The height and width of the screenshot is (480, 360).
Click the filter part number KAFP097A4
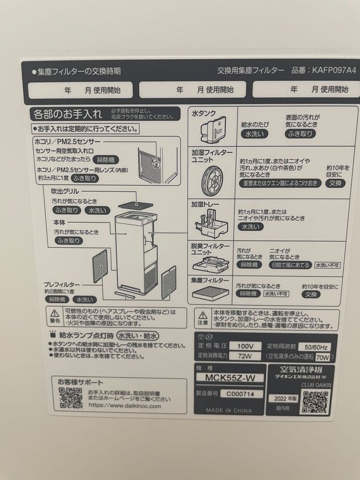click(334, 70)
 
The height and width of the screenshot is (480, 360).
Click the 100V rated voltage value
click(245, 346)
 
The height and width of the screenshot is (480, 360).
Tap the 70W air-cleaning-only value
click(323, 356)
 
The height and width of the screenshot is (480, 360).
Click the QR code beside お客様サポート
click(71, 397)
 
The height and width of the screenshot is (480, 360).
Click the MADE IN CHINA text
click(229, 410)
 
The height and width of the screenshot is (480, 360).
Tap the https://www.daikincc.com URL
click(124, 405)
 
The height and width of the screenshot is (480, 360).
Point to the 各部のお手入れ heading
click(67, 114)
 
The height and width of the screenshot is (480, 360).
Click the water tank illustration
click(213, 129)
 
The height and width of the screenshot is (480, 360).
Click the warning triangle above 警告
click(55, 313)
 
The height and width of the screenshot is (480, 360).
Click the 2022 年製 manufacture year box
click(283, 398)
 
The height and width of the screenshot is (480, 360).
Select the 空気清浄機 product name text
click(301, 369)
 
